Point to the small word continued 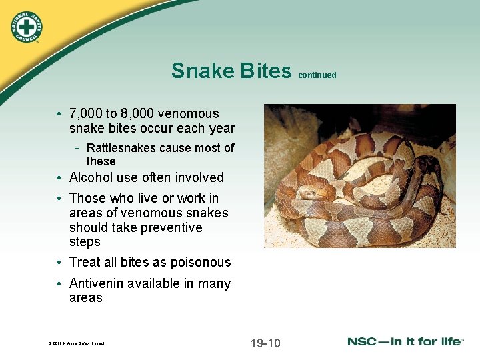(317, 75)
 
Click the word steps (85, 242)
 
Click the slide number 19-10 (265, 343)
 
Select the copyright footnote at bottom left (76, 343)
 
